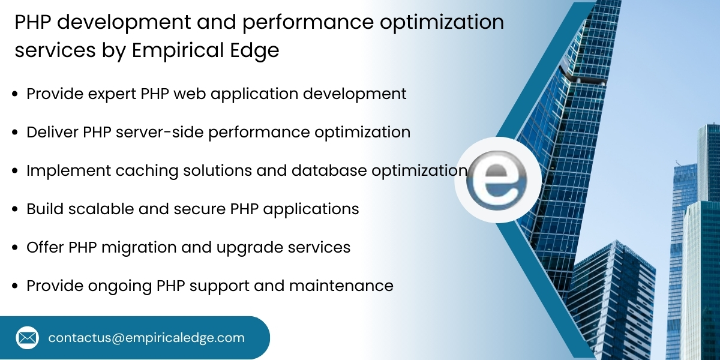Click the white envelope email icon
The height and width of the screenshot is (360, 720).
click(28, 338)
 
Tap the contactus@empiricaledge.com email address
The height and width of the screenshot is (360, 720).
click(146, 338)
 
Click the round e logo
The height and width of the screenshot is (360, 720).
click(497, 179)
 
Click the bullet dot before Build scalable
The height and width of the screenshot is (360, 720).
click(14, 209)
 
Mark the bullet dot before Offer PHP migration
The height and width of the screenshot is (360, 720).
click(14, 248)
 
